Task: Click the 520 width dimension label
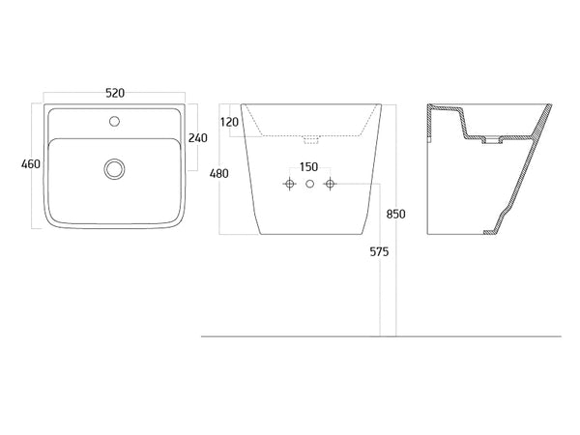[115, 93]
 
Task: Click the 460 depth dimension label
[31, 163]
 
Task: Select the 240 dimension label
[198, 138]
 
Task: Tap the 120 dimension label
[229, 122]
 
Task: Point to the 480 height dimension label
[219, 173]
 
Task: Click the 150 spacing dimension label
[309, 167]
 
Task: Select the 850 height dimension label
[395, 214]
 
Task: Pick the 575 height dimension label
[380, 251]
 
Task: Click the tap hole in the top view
[115, 121]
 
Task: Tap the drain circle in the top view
[114, 169]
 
